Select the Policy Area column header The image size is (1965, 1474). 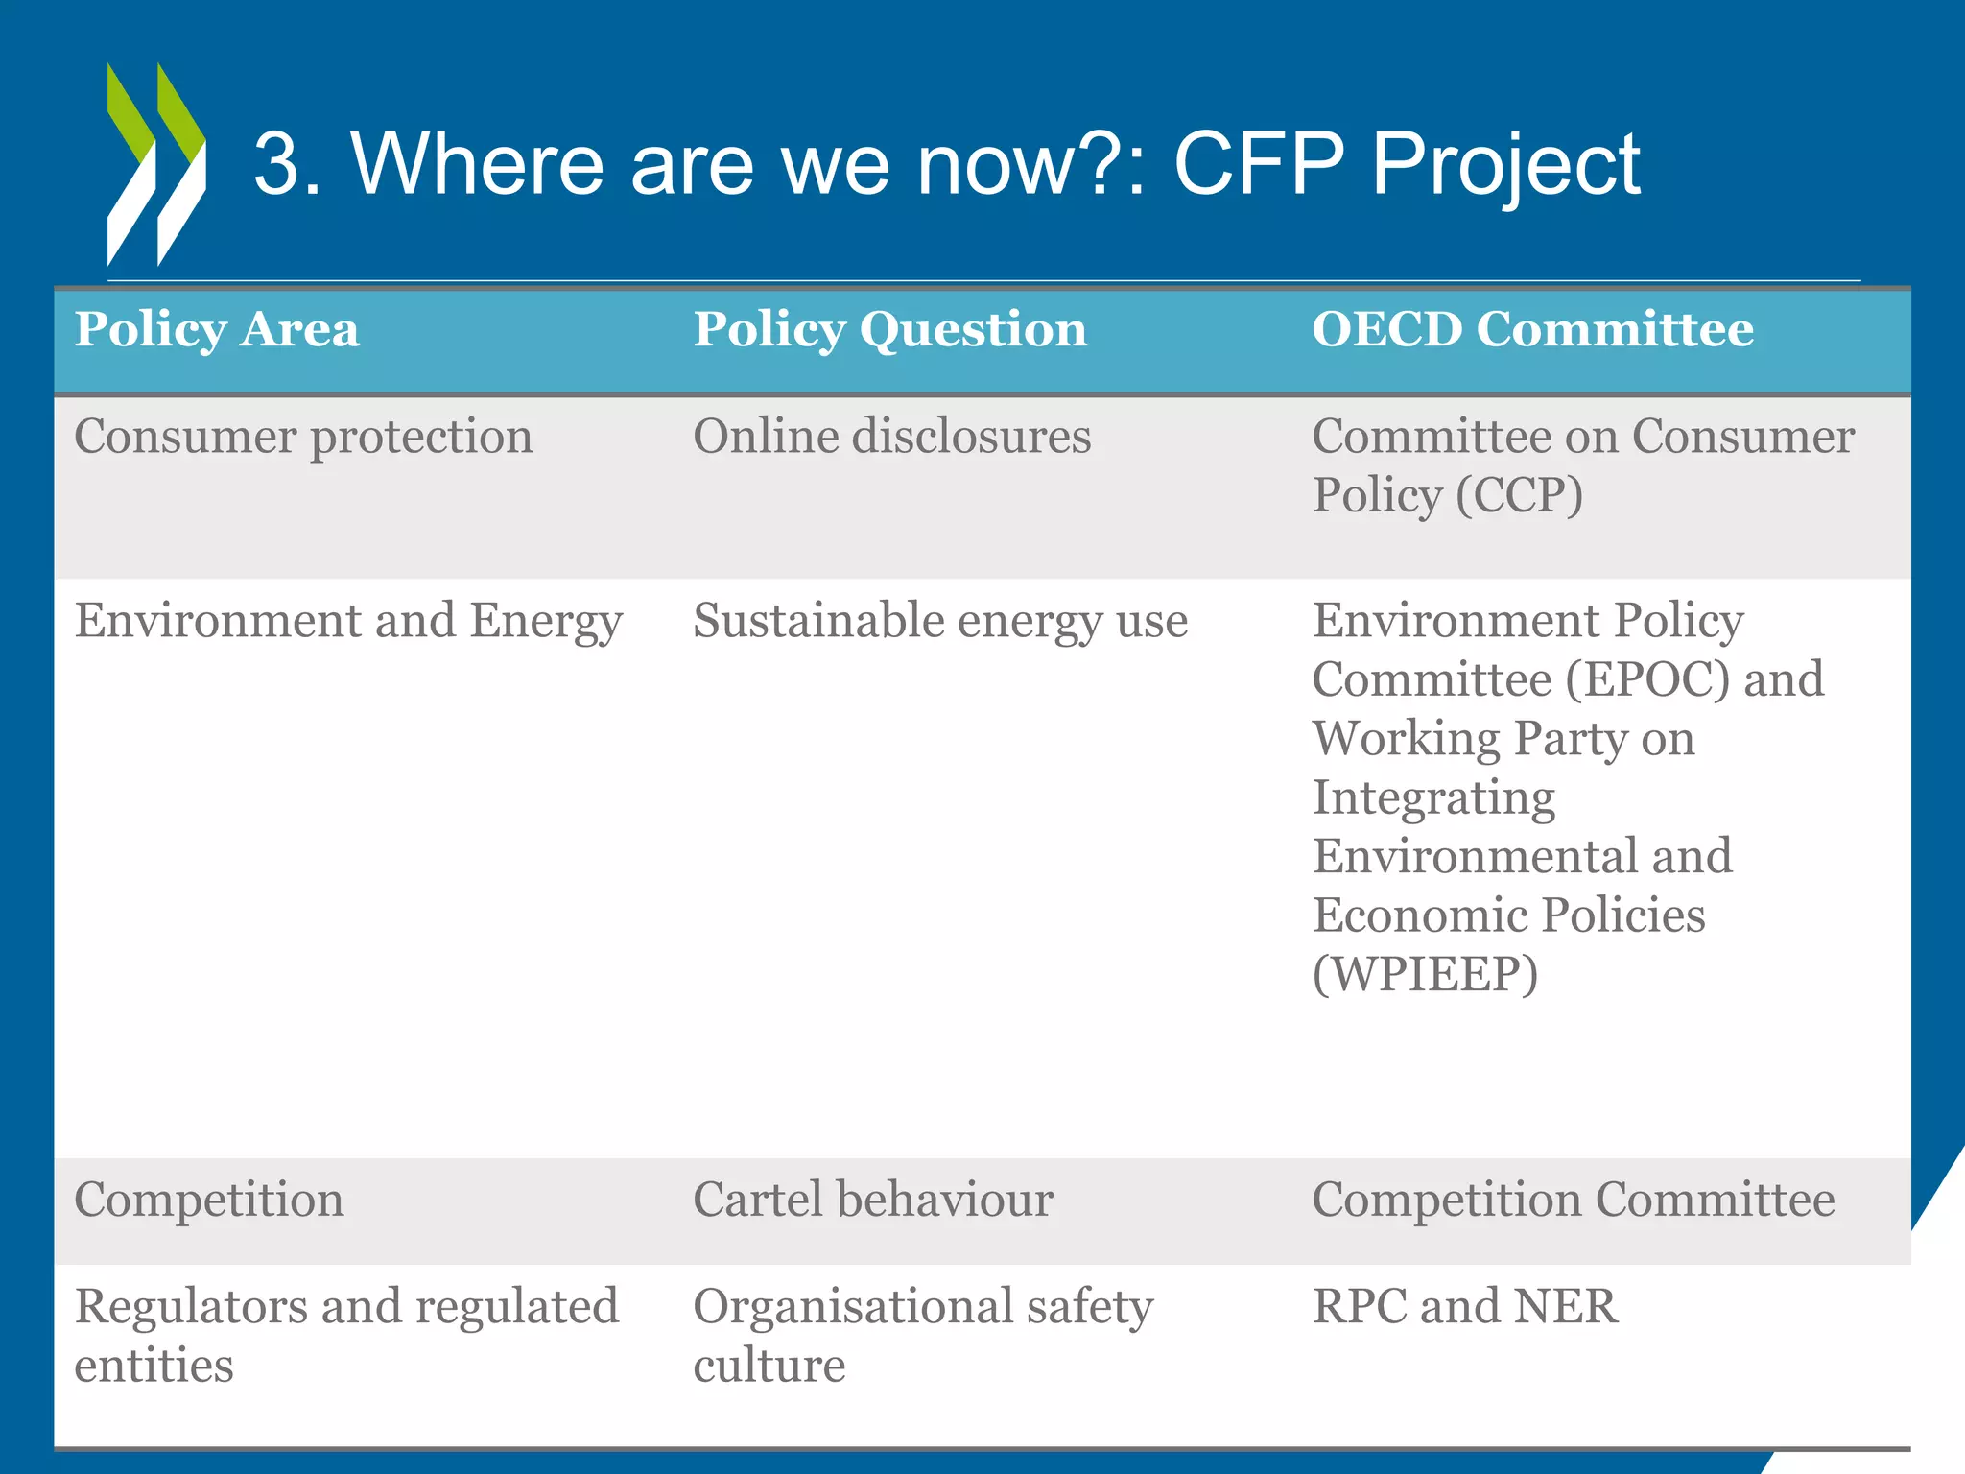pos(217,330)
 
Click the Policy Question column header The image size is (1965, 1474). pos(889,330)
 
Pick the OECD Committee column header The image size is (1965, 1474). pos(1532,330)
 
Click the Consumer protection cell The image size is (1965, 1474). pos(303,438)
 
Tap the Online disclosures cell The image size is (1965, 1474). pos(891,438)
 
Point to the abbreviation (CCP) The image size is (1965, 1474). pos(1518,496)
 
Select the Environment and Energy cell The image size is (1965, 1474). pos(348,622)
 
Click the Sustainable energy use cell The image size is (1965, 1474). pos(939,622)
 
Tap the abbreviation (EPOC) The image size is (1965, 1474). pos(1647,680)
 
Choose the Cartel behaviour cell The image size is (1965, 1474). pos(872,1201)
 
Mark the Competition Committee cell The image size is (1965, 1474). pos(1573,1201)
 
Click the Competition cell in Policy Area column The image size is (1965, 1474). pos(209,1201)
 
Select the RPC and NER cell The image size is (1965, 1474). pos(1464,1307)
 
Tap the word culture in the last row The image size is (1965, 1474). pos(769,1366)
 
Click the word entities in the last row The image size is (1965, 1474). pos(154,1366)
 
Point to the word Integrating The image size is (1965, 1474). pos(1433,798)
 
